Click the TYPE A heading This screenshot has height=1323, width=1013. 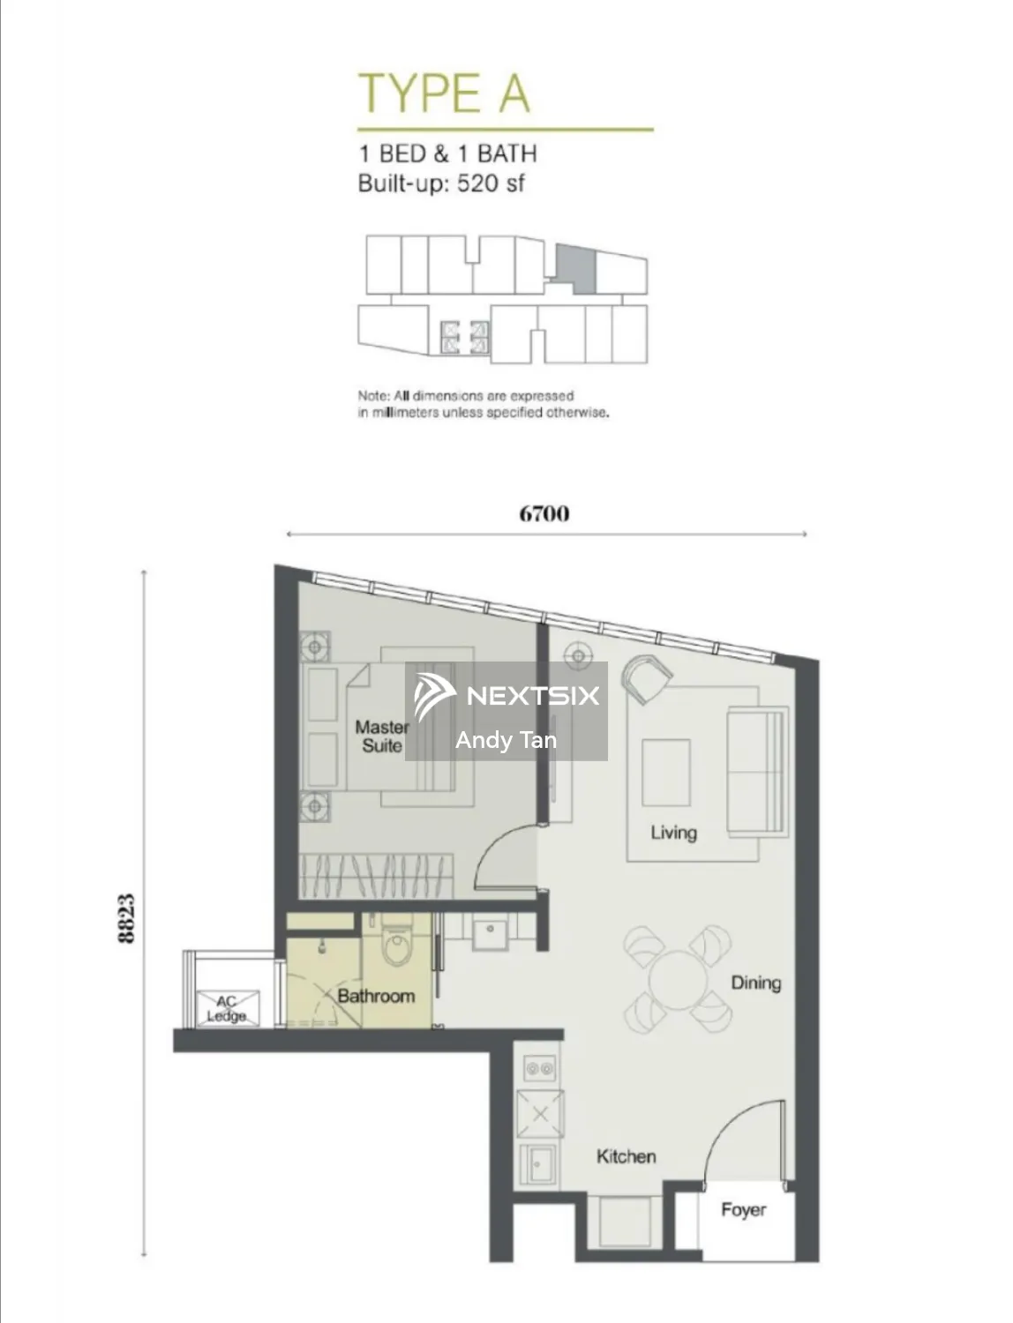click(445, 93)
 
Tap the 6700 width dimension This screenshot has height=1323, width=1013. click(544, 513)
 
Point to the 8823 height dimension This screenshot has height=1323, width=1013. click(126, 918)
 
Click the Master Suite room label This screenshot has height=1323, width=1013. click(382, 736)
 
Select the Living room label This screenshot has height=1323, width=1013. click(673, 833)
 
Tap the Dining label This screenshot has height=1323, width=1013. click(756, 983)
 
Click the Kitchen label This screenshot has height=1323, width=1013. click(626, 1156)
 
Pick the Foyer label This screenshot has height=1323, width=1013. click(744, 1210)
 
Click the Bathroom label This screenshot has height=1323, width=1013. click(376, 996)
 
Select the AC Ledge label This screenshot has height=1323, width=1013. click(227, 1009)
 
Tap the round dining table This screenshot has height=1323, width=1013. click(678, 978)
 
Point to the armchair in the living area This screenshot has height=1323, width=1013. click(647, 678)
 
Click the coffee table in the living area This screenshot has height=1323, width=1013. click(665, 773)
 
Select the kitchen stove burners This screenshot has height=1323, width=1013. click(540, 1069)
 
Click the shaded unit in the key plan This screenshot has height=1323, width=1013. click(576, 268)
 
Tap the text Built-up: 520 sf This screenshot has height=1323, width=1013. click(441, 183)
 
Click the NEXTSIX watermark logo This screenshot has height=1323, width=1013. click(506, 696)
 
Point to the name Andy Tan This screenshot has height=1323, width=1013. click(506, 739)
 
